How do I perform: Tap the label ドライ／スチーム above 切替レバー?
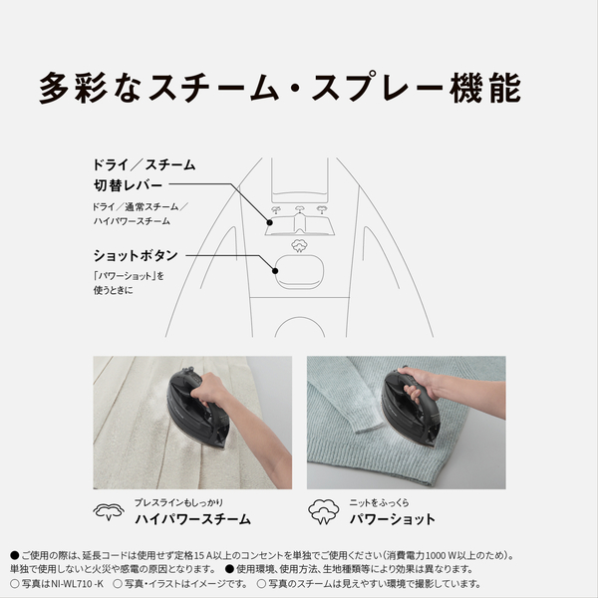143,164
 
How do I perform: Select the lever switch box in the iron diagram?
298,220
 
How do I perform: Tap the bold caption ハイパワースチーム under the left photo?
192,519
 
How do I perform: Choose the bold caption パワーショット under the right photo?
392,519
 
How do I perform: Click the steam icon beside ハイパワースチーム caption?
108,512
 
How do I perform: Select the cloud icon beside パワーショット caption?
323,511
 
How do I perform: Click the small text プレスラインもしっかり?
183,501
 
